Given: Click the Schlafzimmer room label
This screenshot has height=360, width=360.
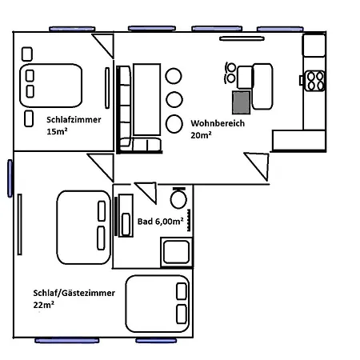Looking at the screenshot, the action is click(x=74, y=120).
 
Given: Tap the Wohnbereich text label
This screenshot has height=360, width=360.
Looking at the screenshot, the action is click(x=218, y=123).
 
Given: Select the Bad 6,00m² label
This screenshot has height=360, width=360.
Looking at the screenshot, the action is click(x=160, y=222).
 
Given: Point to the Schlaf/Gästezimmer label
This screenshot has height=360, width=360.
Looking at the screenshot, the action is click(x=74, y=293).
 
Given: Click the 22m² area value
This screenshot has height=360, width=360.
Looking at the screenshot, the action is click(x=44, y=305).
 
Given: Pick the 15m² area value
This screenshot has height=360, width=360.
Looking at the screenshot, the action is click(x=57, y=131).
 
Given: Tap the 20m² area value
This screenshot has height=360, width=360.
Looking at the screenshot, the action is click(x=201, y=135).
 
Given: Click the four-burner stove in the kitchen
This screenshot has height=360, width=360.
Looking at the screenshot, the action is click(x=314, y=81).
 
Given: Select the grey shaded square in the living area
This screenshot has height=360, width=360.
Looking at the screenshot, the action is click(x=242, y=102).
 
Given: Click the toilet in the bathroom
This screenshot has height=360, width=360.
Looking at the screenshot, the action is click(x=178, y=198).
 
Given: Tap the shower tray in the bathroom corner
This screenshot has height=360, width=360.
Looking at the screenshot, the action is click(x=176, y=252).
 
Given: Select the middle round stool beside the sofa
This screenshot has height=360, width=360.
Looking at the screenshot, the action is click(x=174, y=99).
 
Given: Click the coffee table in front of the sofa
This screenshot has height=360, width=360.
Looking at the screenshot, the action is click(x=147, y=99).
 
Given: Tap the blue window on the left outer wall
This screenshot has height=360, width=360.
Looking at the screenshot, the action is click(x=10, y=178).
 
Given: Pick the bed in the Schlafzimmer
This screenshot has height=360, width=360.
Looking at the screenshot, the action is click(x=51, y=86).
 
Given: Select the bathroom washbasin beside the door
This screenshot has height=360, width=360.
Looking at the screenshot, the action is click(x=126, y=215).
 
